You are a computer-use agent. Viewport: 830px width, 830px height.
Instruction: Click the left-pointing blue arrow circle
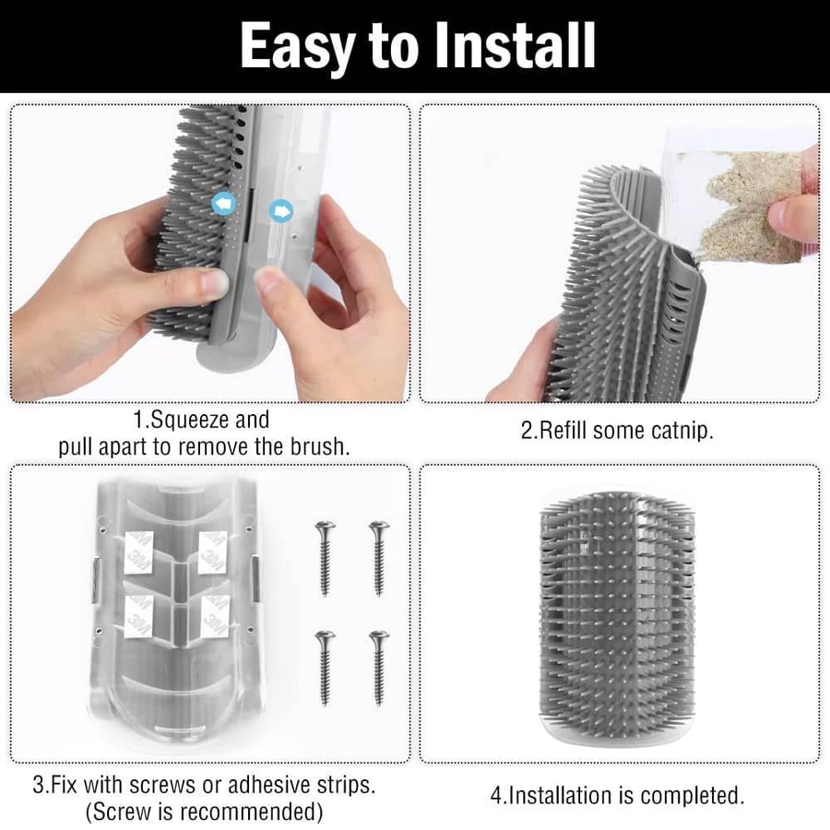223,203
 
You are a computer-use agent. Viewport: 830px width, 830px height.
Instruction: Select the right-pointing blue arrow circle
280,211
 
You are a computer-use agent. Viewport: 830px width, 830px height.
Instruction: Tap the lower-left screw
325,668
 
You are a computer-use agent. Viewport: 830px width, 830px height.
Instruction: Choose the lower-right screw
379,668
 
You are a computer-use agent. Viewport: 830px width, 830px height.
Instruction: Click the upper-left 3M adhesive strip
139,552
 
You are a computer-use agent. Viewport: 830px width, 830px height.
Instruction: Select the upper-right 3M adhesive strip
213,552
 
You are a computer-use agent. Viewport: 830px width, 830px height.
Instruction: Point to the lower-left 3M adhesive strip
139,616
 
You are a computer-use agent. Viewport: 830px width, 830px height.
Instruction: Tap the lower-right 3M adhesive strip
216,616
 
